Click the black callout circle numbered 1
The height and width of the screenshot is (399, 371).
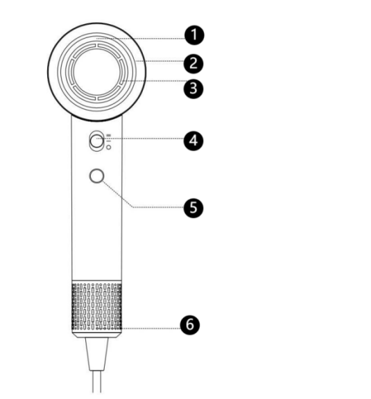(194, 35)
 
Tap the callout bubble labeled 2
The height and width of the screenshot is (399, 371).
(193, 63)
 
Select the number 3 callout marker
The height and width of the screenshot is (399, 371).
(193, 89)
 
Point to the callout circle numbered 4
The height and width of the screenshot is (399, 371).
(193, 141)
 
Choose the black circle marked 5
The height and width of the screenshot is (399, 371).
(193, 208)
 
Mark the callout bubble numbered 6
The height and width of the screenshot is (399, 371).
(190, 325)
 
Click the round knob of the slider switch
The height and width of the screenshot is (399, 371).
(97, 142)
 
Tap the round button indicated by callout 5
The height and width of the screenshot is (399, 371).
(97, 176)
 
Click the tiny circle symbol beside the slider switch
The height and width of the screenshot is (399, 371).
(109, 148)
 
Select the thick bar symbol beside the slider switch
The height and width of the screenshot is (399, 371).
(109, 135)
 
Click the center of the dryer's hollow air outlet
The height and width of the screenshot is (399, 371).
(96, 72)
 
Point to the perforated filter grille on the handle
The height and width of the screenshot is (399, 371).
(97, 307)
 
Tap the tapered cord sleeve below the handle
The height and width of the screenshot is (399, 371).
(97, 354)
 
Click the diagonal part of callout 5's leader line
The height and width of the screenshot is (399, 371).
(117, 194)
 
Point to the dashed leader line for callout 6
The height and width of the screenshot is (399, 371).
(139, 328)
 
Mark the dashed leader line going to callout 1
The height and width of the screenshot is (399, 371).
(141, 39)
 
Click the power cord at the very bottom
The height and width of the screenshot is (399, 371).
(97, 382)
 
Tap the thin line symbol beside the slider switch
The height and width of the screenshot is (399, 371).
(109, 141)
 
